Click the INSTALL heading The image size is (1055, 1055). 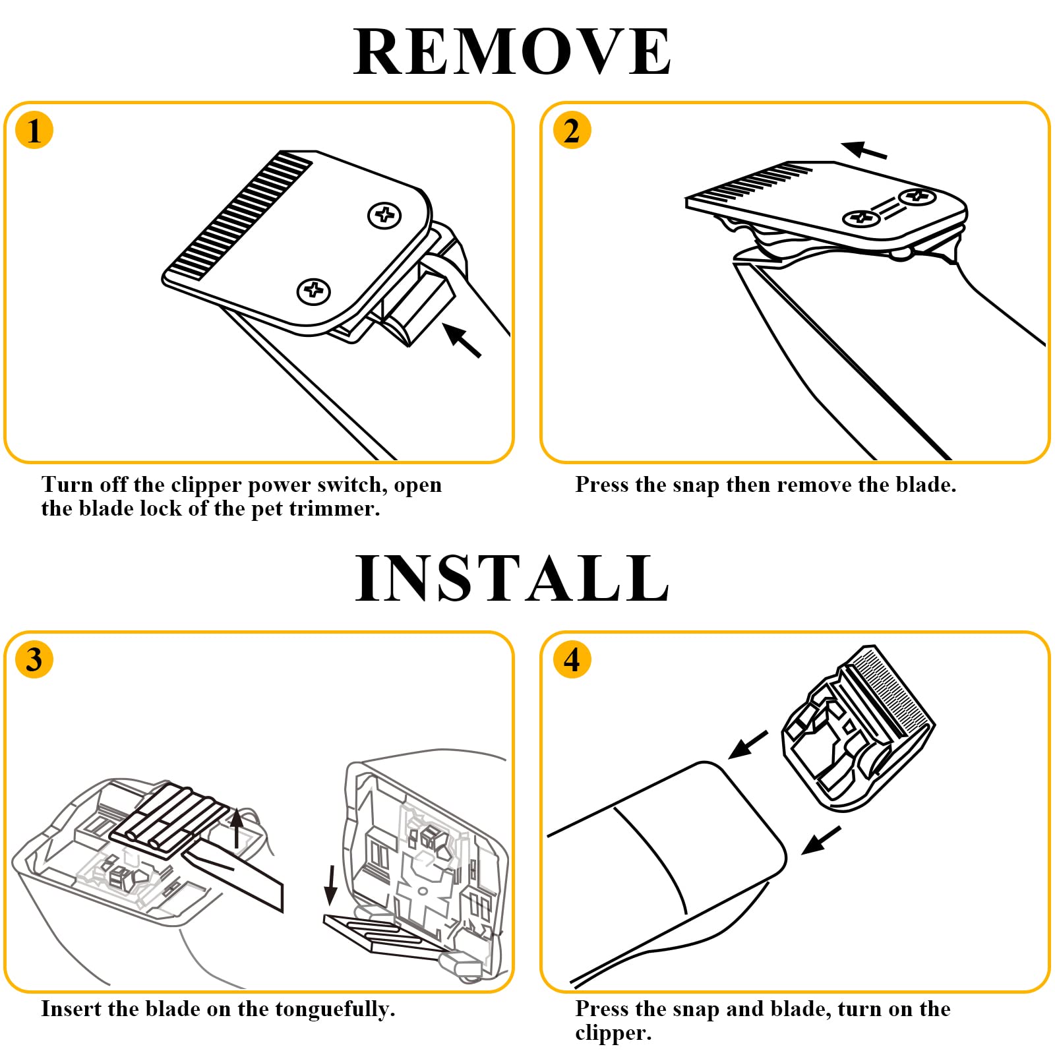pos(512,578)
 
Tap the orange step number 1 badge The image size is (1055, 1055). pos(34,130)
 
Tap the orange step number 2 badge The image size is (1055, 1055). pos(572,130)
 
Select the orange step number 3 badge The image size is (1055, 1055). pos(34,659)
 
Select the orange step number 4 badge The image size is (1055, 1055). pos(572,659)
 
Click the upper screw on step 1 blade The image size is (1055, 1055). pos(384,215)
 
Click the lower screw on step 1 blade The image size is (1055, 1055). pos(313,291)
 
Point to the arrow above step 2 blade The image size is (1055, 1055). pos(864,150)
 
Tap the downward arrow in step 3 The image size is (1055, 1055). pos(331,886)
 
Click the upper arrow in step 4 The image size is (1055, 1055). pos(748,744)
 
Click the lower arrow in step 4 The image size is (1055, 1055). pos(822,840)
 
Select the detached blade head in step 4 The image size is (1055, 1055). pos(857,727)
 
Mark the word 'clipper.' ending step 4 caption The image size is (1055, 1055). pos(613,1033)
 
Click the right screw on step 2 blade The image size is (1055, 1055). pos(917,196)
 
